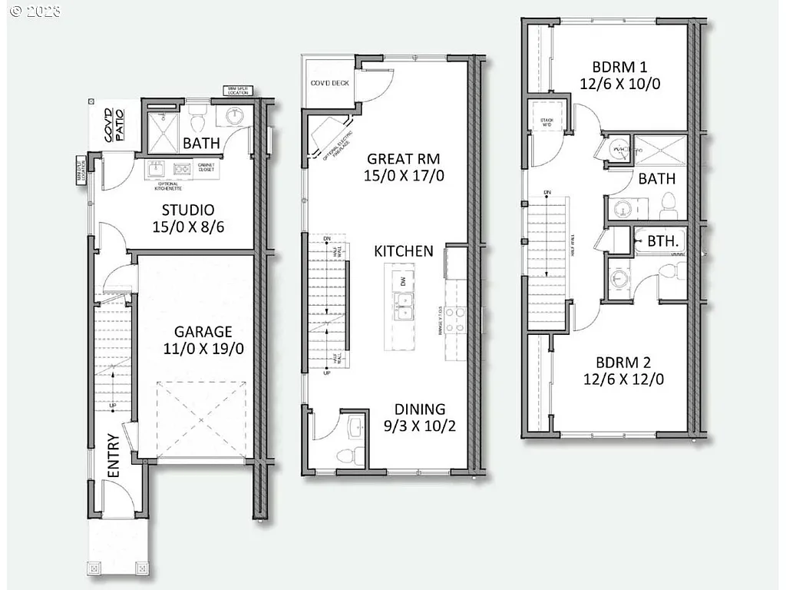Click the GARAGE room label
(203, 332)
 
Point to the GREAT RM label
(403, 159)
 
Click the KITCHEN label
(404, 251)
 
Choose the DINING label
(420, 409)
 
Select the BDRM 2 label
(619, 362)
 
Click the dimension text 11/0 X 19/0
(203, 349)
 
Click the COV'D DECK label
(329, 83)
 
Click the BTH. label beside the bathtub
(662, 240)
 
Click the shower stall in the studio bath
(163, 126)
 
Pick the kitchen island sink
(404, 306)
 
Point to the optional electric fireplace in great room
(331, 136)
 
